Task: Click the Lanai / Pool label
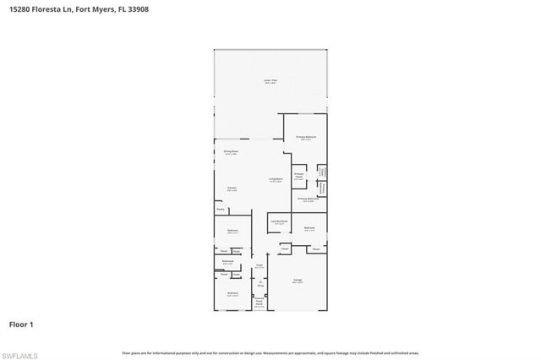270,81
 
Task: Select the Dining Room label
230,152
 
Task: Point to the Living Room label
276,179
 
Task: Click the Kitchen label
231,189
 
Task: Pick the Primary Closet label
299,177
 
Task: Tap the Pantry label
220,208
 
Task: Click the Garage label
298,280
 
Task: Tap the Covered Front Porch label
261,302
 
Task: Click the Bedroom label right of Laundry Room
309,227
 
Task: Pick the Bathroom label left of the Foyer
228,261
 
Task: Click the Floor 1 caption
20,324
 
